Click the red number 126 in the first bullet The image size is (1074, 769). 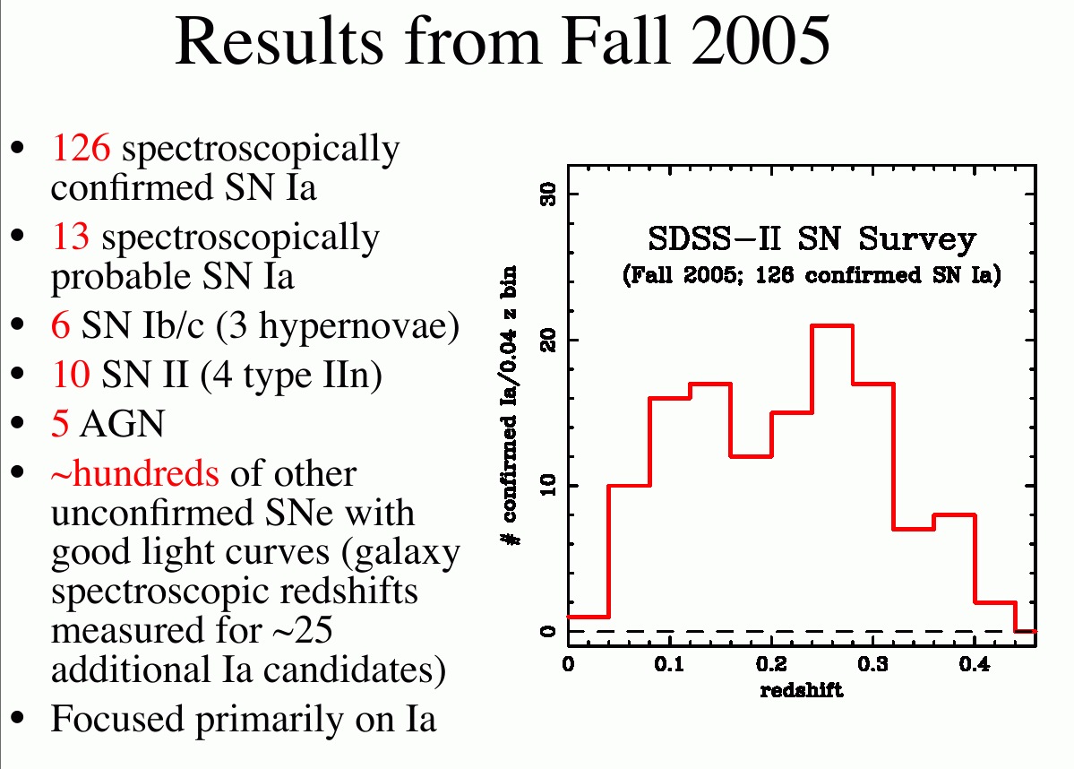coord(81,147)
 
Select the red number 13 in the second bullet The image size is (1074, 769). coord(71,237)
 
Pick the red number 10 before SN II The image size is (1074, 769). coord(71,375)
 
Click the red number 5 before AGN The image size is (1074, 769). coord(60,424)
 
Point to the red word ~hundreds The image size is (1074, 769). coord(135,473)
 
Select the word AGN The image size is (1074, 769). coord(122,424)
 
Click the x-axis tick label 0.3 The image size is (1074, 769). coord(872,664)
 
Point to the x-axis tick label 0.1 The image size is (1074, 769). coord(668,664)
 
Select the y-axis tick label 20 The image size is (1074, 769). coord(548,340)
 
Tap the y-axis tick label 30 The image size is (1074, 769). coord(548,194)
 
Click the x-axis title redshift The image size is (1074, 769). coord(802,689)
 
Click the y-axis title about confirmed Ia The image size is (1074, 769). coord(510,405)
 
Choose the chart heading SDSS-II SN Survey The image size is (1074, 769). coord(812,239)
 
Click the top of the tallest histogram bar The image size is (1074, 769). coord(832,325)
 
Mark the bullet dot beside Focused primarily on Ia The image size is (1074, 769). coord(19,718)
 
